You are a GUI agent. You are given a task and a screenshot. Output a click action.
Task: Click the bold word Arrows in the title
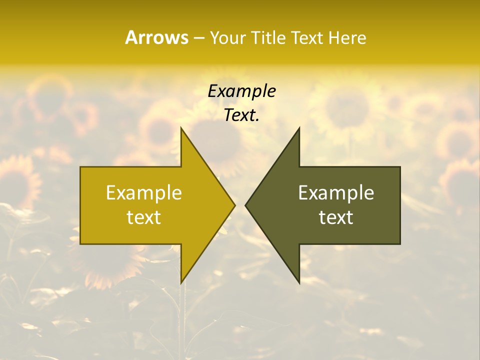(x=156, y=37)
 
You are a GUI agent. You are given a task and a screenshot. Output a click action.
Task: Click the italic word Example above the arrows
(x=241, y=91)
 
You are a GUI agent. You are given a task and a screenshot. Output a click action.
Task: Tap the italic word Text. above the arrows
(x=241, y=115)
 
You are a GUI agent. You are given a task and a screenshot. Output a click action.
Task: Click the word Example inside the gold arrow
(x=144, y=193)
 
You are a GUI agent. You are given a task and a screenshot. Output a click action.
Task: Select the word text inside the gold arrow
(x=144, y=217)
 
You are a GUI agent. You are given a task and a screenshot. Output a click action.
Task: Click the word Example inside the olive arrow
(x=336, y=193)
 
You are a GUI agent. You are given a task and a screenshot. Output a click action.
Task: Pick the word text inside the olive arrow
(x=336, y=217)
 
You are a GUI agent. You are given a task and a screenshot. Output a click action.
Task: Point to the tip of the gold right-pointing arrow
(x=235, y=205)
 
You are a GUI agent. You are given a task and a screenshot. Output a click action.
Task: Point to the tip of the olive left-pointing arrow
(x=245, y=205)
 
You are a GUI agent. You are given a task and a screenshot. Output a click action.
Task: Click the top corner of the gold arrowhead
(x=181, y=128)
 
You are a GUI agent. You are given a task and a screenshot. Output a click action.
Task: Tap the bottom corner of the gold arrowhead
(x=181, y=283)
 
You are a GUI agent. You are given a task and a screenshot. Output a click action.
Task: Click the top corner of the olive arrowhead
(x=299, y=128)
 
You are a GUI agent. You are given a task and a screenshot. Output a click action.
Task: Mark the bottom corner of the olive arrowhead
(x=299, y=283)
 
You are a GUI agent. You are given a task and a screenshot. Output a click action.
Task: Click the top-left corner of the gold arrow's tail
(x=80, y=167)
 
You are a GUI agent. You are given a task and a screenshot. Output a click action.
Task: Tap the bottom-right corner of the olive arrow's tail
(x=400, y=244)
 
